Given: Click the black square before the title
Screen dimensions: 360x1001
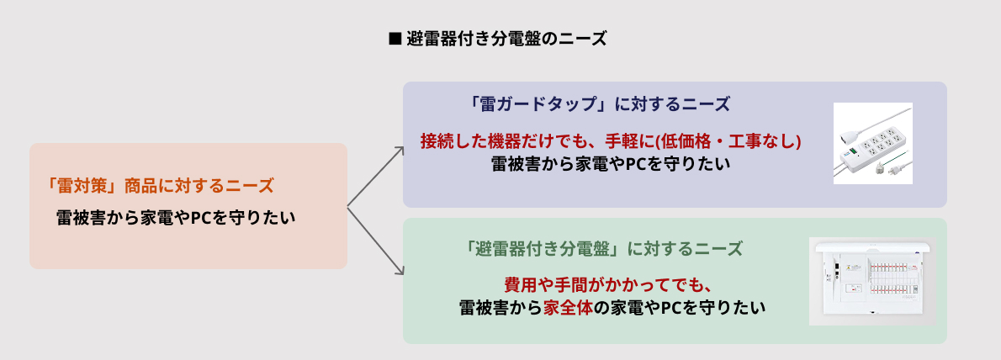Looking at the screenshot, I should [393, 39].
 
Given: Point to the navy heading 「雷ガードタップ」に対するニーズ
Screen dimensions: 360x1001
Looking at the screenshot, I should [601, 104].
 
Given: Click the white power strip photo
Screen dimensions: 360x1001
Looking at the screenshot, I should [872, 143].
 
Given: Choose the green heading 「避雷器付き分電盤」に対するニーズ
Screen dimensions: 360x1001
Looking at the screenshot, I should [602, 249].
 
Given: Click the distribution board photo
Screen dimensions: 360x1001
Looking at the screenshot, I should [871, 281].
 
